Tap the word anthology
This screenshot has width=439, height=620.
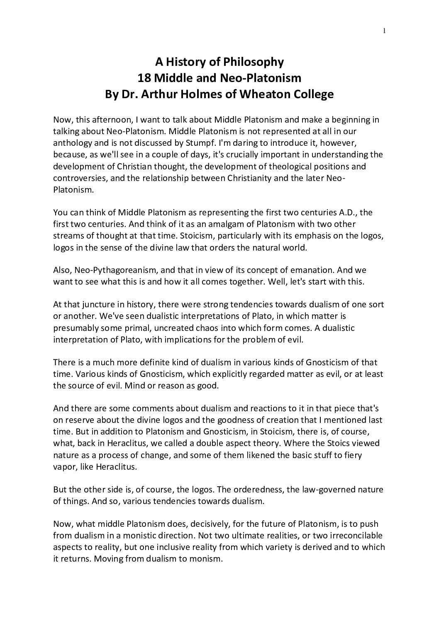pos(71,143)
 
